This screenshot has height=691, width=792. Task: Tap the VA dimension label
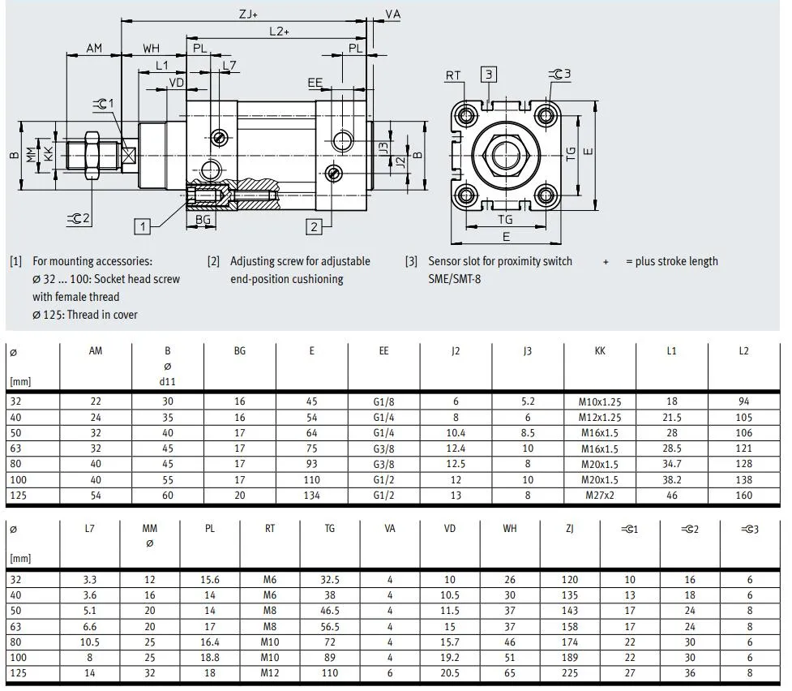(x=392, y=14)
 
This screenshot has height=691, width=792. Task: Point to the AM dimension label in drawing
(x=94, y=49)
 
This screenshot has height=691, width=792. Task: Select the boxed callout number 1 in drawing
(x=143, y=226)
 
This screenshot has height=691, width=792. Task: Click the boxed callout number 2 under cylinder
(x=315, y=226)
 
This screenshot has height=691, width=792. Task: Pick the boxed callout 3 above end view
(x=489, y=75)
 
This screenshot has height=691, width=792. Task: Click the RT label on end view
(x=452, y=75)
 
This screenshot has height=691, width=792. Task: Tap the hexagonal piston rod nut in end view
(x=506, y=151)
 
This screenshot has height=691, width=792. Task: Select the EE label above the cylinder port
(x=315, y=83)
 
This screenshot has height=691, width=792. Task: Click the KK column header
(x=599, y=351)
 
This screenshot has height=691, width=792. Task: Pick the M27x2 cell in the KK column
(x=599, y=495)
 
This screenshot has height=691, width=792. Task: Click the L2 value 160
(x=743, y=495)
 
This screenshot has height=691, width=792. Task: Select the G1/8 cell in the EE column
(x=383, y=401)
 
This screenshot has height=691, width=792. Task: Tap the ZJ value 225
(x=570, y=672)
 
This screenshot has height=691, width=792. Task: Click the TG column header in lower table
(x=329, y=529)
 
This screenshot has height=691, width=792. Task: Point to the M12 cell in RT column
(x=270, y=672)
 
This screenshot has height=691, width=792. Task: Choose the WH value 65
(x=509, y=672)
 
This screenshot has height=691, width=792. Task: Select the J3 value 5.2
(x=528, y=401)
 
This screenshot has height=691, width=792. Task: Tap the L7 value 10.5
(x=89, y=642)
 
